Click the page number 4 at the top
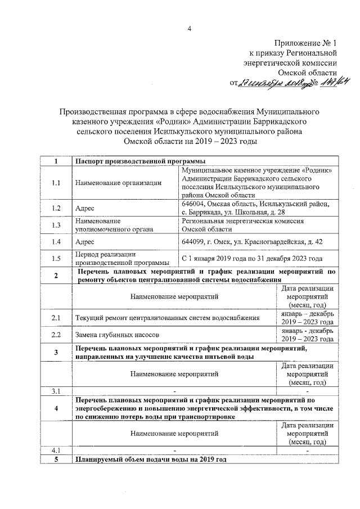point(190,29)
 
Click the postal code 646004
point(192,204)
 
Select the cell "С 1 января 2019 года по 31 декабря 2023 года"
point(251,259)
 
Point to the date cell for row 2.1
point(307,318)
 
